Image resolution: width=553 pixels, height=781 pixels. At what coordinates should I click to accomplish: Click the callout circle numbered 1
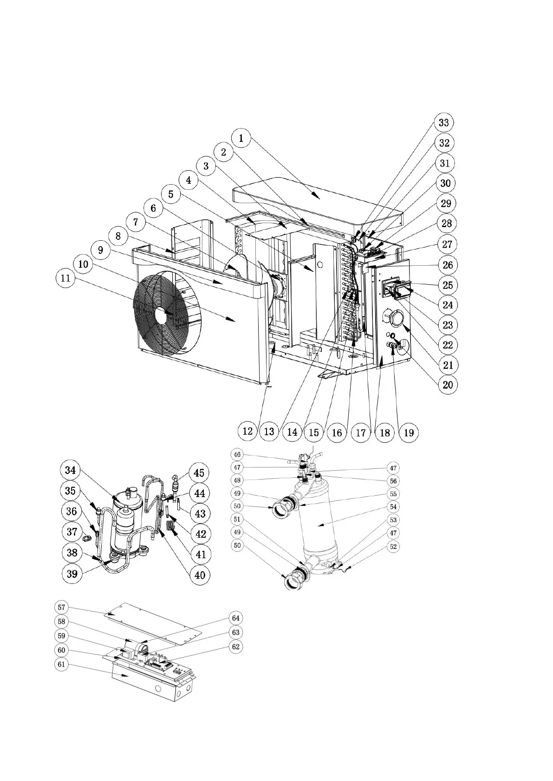pyautogui.click(x=241, y=138)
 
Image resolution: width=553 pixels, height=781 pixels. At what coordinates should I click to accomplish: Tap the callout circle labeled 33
pyautogui.click(x=443, y=122)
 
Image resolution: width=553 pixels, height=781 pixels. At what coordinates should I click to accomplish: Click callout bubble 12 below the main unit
pyautogui.click(x=248, y=431)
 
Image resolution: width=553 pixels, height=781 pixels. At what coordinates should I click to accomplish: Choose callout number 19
pyautogui.click(x=409, y=432)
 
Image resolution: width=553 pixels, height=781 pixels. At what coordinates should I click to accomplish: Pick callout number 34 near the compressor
pyautogui.click(x=71, y=470)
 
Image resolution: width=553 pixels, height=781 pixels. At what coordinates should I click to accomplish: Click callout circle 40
pyautogui.click(x=200, y=575)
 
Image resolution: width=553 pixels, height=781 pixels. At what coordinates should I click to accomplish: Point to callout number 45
pyautogui.click(x=199, y=473)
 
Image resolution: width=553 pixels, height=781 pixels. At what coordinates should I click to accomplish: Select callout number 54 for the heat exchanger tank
pyautogui.click(x=393, y=507)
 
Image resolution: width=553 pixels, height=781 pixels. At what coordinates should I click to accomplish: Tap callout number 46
pyautogui.click(x=237, y=455)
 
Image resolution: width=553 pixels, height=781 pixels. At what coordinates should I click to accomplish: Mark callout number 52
pyautogui.click(x=393, y=547)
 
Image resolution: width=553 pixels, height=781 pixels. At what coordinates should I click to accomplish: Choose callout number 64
pyautogui.click(x=236, y=618)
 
